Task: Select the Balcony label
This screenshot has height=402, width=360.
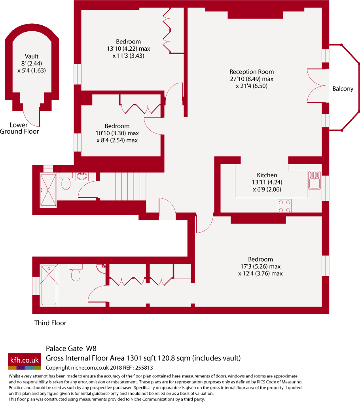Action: pos(343,89)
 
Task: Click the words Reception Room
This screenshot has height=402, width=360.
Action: pos(252,72)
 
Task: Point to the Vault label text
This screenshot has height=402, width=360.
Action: pos(32,57)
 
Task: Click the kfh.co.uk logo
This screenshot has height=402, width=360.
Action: pos(25,360)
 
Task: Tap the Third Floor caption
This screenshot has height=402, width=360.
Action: pos(50,323)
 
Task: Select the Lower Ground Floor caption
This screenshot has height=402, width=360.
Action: pos(19,128)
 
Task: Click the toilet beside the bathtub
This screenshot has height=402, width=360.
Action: pos(76,273)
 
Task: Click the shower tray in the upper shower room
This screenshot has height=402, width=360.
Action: pos(48,190)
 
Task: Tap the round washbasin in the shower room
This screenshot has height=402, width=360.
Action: pos(83,176)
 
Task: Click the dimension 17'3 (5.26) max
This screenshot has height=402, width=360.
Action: pos(261,266)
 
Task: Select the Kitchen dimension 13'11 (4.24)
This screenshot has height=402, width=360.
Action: pos(267,182)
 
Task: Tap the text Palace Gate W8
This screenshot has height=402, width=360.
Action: pos(71,349)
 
